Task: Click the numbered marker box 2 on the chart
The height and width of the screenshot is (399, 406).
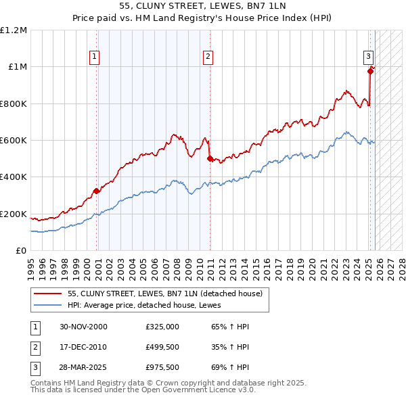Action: (x=208, y=57)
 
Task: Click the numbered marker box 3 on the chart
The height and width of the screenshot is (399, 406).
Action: (x=368, y=57)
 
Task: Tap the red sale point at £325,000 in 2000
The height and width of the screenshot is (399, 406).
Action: (x=97, y=191)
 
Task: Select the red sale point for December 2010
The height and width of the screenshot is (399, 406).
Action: (x=209, y=159)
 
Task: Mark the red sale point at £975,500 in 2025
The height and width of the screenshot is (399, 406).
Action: (x=370, y=71)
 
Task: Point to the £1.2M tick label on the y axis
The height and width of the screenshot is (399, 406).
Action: (x=14, y=30)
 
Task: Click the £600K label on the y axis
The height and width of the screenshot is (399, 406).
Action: (x=14, y=141)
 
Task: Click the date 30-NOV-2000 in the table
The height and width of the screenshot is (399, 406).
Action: (x=83, y=327)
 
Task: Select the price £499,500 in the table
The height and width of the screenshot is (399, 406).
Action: (x=162, y=347)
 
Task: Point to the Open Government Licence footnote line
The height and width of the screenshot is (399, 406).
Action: (x=143, y=390)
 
